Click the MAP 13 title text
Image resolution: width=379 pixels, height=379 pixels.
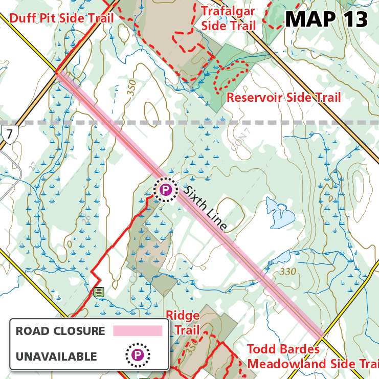point(326,19)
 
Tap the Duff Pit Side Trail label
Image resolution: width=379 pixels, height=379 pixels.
point(61,19)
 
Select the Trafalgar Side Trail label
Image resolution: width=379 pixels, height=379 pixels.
point(228,18)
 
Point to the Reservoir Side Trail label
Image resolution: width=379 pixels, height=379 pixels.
point(283,97)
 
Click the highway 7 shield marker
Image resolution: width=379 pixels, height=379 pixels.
point(9,134)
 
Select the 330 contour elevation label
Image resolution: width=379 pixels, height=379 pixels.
point(288,272)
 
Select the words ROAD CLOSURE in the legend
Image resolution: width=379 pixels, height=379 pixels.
point(60,331)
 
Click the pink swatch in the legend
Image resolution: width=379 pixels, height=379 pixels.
point(137,331)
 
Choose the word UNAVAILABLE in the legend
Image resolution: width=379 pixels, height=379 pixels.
point(56,356)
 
